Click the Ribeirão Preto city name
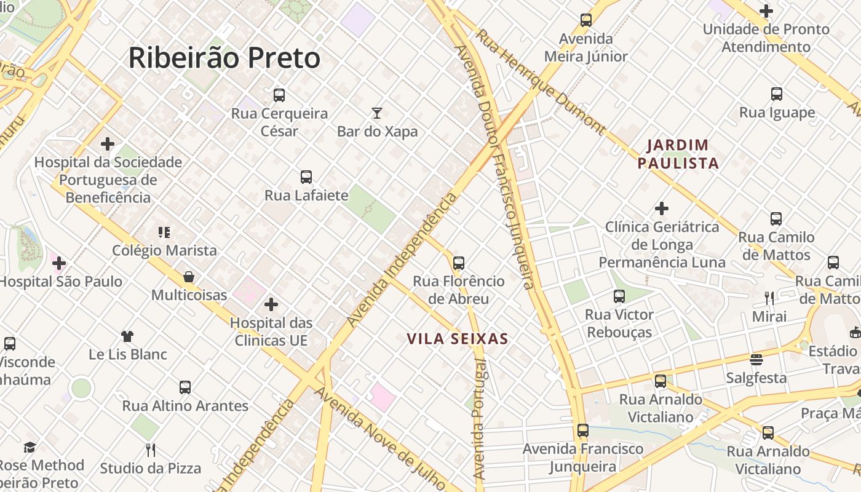224,58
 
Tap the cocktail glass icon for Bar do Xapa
377,113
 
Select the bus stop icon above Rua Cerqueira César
279,95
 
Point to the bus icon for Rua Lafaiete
306,177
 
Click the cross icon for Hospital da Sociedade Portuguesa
108,144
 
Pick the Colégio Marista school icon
164,232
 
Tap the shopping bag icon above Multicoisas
189,277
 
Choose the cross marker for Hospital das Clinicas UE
271,304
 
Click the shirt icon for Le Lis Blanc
127,336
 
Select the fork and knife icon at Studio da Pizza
151,450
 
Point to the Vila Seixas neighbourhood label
458,339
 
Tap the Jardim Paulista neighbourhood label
678,154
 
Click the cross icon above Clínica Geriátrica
662,208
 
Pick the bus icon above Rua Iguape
777,94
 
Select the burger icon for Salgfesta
756,359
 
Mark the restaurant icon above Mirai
769,298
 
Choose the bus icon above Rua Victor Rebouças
619,296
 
